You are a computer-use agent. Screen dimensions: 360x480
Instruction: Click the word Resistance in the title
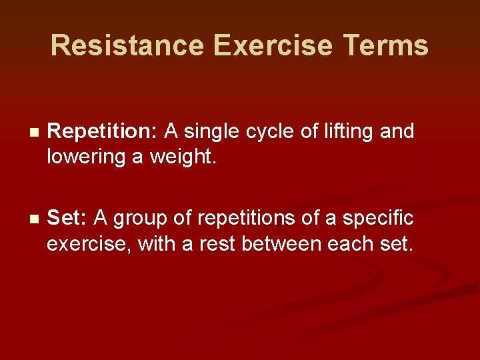pyautogui.click(x=127, y=45)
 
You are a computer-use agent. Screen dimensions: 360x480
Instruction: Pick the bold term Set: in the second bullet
pyautogui.click(x=67, y=218)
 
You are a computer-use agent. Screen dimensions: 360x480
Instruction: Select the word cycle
pyautogui.click(x=271, y=132)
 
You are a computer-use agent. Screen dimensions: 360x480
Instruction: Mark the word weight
pyautogui.click(x=189, y=157)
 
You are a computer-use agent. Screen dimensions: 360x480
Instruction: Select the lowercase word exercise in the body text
pyautogui.click(x=89, y=243)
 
